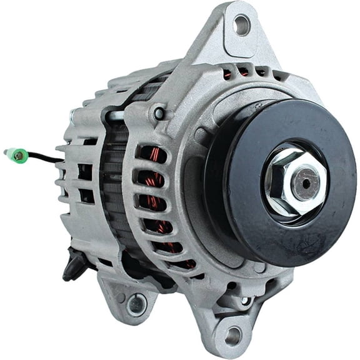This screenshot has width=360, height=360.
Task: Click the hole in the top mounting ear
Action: (x=241, y=25)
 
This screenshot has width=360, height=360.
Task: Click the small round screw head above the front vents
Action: (x=159, y=113)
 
